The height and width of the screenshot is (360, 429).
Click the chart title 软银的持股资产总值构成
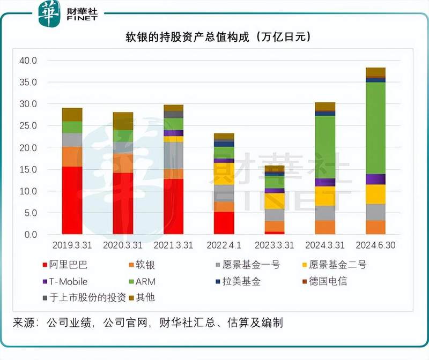(x=214, y=37)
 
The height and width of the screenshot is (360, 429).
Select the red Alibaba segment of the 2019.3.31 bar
(x=72, y=200)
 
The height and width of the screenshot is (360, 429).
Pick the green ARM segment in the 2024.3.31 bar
(x=325, y=147)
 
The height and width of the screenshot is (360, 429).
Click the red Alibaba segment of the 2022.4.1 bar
(x=224, y=223)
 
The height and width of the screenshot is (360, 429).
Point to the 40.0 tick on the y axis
(x=27, y=61)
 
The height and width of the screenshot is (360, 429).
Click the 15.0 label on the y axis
(x=27, y=169)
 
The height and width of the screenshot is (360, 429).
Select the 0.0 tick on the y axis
(x=29, y=235)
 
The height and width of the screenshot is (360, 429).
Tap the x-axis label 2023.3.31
(x=274, y=246)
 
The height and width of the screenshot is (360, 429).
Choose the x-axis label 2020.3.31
(x=123, y=246)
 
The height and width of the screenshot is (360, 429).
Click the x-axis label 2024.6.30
(x=375, y=246)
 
